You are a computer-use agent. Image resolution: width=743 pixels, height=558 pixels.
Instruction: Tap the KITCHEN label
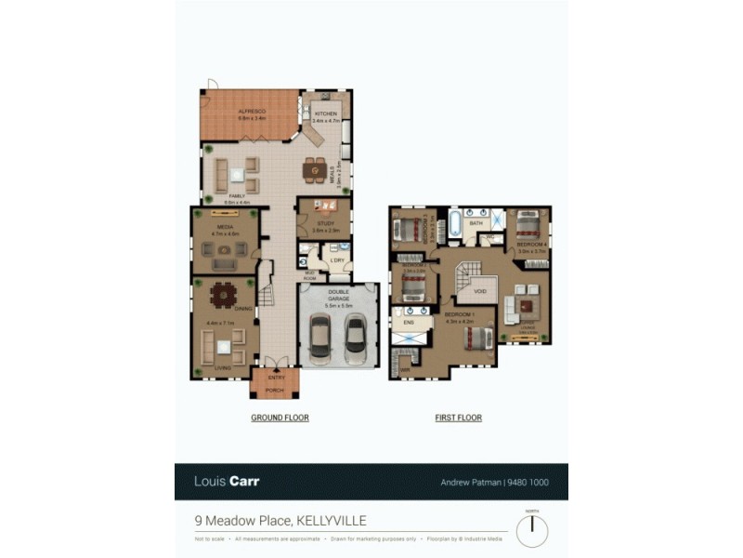[324, 113]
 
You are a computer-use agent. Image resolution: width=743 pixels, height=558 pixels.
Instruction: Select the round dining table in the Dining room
[224, 295]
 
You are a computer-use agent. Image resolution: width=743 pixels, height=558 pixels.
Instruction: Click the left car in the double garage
[321, 339]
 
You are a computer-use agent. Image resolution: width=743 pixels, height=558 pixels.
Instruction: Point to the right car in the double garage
[355, 339]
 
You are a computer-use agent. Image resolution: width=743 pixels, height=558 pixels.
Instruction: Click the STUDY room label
[324, 221]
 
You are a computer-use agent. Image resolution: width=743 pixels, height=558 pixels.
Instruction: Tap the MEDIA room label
[225, 227]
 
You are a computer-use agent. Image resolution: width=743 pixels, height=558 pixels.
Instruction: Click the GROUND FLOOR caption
[280, 418]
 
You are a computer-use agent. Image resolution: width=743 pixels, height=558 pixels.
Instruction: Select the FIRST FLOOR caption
[459, 418]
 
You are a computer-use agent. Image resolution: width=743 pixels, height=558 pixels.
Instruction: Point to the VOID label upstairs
[480, 291]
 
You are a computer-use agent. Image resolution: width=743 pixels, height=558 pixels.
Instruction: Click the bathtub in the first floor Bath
[455, 225]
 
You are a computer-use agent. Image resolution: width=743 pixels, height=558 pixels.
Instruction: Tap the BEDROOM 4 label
[530, 245]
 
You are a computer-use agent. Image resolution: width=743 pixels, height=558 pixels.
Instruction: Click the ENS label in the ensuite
[410, 322]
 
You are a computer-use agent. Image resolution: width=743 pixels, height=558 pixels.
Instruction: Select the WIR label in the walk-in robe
[406, 370]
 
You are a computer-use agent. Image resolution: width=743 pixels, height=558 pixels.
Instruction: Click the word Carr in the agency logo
[245, 482]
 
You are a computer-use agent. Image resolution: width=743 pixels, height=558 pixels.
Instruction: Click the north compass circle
[532, 531]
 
